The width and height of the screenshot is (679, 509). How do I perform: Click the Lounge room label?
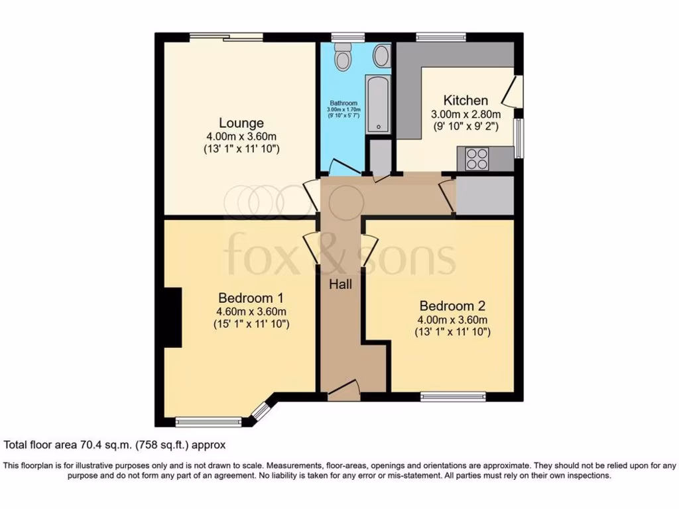241,123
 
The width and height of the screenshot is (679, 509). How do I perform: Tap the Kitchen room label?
465,101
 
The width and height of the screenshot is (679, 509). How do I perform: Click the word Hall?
341,284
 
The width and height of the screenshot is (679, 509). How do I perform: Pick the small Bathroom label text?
343,103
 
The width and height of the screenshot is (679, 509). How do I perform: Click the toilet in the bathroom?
342,58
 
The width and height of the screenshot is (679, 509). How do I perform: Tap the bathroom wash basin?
381,56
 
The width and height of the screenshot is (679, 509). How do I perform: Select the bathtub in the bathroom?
379,104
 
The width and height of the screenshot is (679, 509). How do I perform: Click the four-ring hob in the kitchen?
477,159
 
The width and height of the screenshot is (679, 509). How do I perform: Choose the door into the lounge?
310,196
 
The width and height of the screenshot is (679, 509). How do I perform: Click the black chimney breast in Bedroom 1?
172,317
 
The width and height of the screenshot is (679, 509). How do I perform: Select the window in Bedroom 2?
453,397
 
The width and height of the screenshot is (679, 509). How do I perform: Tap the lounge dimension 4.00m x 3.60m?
241,137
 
